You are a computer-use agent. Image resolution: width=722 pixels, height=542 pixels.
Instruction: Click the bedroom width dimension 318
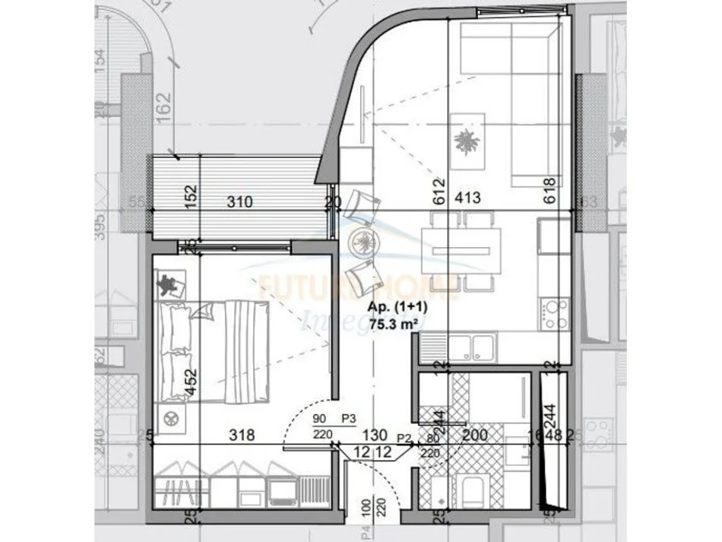point(242,436)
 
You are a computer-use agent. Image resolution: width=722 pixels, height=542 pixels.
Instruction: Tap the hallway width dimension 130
point(372,436)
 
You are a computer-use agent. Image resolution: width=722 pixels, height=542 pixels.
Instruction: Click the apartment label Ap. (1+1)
point(397,308)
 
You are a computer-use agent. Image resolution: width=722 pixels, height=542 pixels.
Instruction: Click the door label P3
point(349,418)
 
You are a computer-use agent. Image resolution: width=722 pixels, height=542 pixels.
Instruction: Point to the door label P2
point(405,437)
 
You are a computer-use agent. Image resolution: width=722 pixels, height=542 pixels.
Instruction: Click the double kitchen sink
point(471,347)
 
